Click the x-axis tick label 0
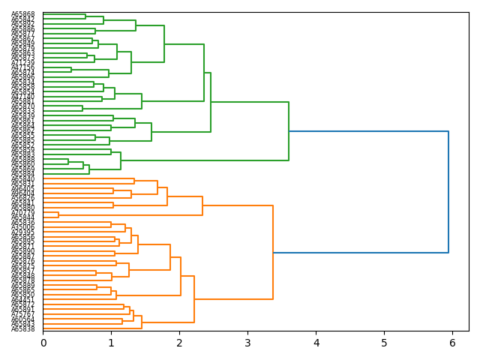[43, 343]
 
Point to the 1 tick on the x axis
[111, 343]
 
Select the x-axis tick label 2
[179, 343]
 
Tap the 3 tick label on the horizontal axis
[247, 343]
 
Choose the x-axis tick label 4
[316, 343]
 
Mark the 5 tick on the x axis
[384, 343]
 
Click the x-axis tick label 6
[452, 343]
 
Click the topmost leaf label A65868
[22, 14]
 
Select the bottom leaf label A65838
[22, 329]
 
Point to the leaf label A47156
[22, 67]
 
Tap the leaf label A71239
[22, 63]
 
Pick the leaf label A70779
[22, 213]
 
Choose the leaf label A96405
[22, 188]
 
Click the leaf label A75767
[22, 315]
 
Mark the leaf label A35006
[22, 227]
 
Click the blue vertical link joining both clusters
[448, 192]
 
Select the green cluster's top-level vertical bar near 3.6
[289, 131]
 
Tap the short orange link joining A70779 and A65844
[58, 215]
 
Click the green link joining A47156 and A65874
[71, 70]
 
